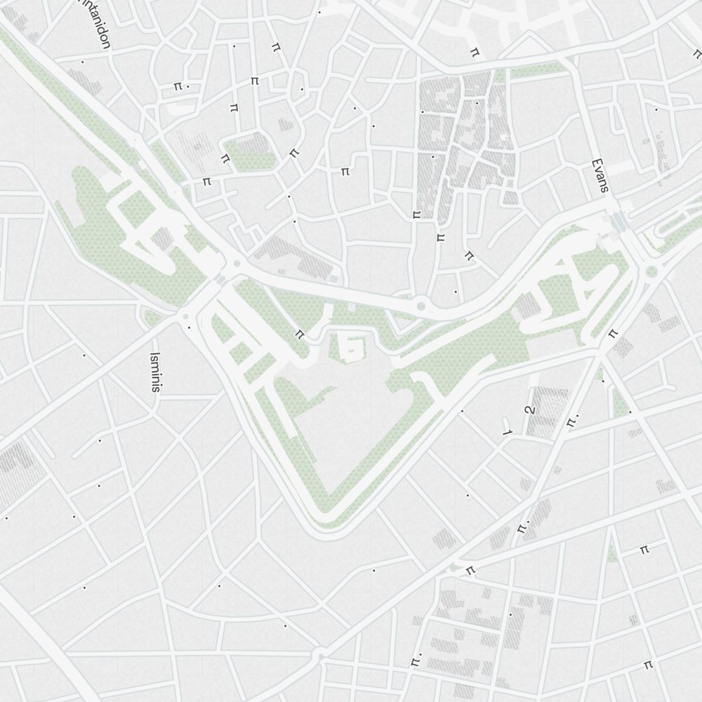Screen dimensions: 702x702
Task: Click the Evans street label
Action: [x=600, y=175]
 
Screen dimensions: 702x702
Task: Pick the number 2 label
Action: [x=530, y=411]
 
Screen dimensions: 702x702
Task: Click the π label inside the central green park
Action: [x=300, y=333]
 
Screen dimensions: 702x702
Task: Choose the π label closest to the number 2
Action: [x=571, y=419]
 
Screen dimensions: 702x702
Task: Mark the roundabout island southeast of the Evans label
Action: [x=651, y=272]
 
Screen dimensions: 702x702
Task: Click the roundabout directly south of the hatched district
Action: [x=421, y=305]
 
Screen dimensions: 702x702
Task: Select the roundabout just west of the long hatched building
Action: [x=237, y=264]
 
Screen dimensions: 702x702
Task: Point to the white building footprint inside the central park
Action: [x=350, y=345]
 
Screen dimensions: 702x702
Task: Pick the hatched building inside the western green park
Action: [x=163, y=239]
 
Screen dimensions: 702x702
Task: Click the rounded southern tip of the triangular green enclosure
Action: [x=324, y=516]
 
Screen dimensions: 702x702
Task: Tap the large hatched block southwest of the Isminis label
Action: [x=13, y=470]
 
